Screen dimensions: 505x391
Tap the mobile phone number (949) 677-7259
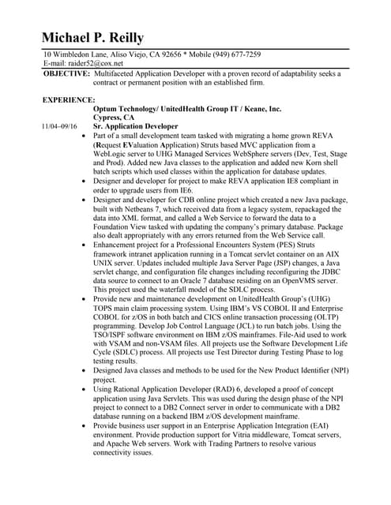click(x=232, y=54)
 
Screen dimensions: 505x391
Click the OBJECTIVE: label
click(x=66, y=73)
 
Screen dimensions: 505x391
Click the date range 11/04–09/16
click(x=61, y=126)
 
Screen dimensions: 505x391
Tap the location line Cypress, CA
click(x=114, y=118)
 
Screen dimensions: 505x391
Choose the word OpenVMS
click(x=293, y=276)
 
